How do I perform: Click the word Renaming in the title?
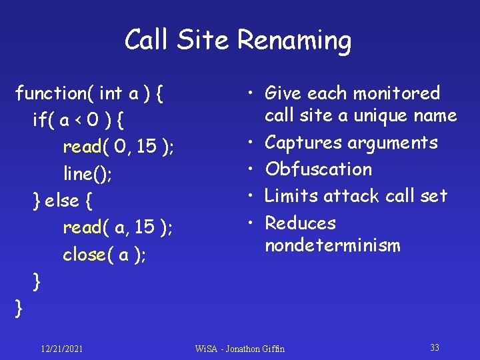[x=294, y=41]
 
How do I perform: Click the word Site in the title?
[x=205, y=41]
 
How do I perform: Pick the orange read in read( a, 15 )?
[x=82, y=228]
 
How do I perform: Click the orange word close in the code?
[x=84, y=255]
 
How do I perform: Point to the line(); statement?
[x=87, y=173]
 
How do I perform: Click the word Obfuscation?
[x=318, y=169]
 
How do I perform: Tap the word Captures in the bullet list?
[x=303, y=142]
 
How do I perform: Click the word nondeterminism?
[x=332, y=245]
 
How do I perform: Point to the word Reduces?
[x=300, y=223]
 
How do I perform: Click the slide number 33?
[x=435, y=347]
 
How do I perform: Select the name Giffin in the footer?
[x=273, y=349]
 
